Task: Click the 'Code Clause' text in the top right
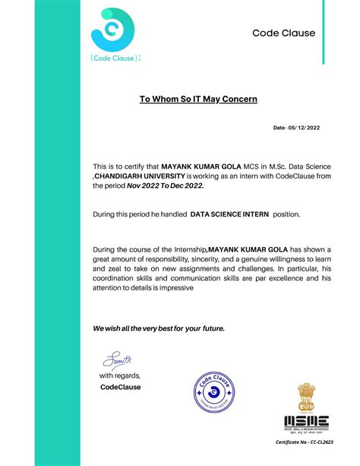pos(284,33)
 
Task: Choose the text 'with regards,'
pos(119,376)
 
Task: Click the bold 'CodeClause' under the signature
pos(120,387)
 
